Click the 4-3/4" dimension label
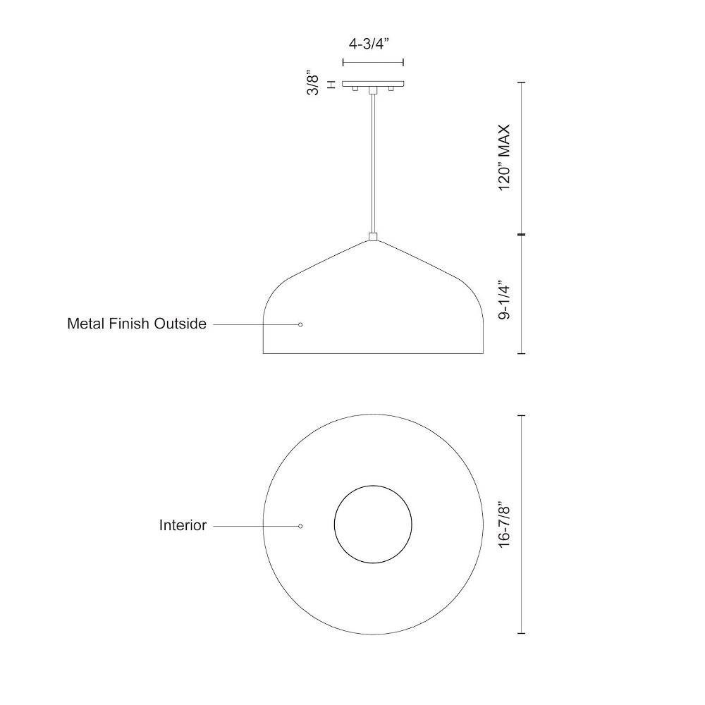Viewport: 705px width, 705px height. tap(368, 44)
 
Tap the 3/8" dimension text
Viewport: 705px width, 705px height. tap(313, 82)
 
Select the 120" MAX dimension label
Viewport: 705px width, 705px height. tap(505, 158)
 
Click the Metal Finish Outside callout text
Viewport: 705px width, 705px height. tap(137, 324)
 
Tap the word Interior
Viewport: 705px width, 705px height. tap(183, 525)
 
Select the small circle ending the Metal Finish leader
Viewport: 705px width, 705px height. tap(300, 324)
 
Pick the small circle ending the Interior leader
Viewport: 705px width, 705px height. tap(300, 526)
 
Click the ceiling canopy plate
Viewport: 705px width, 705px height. tap(373, 84)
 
